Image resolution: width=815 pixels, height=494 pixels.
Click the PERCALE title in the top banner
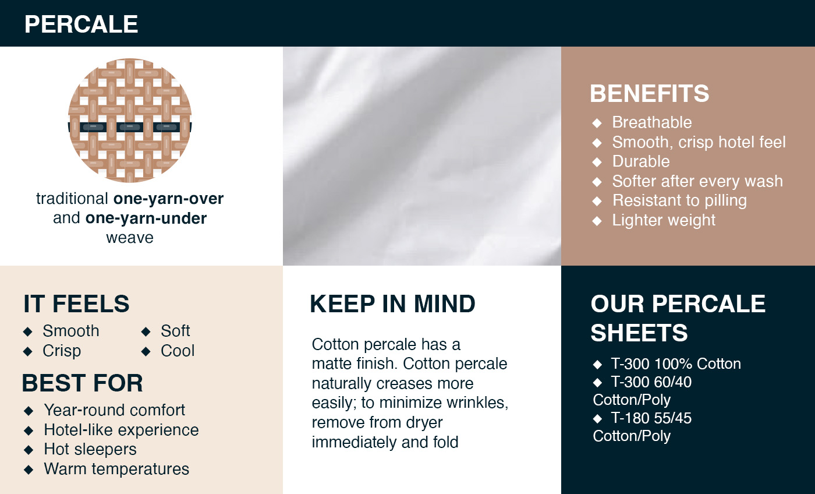coord(81,24)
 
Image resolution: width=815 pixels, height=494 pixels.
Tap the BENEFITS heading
coord(650,94)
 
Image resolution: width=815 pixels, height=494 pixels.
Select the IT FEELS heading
coord(76,304)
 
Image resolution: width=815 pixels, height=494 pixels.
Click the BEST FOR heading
coord(83,383)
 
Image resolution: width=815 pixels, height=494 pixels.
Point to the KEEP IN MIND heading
coord(392,304)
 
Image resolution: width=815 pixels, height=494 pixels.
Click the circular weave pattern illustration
coord(130,121)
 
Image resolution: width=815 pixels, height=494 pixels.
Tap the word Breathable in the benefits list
coord(652,122)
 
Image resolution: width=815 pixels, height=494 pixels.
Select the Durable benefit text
coord(641,161)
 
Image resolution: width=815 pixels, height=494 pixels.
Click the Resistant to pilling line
coord(680,200)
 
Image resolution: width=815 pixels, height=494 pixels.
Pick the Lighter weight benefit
coord(664,220)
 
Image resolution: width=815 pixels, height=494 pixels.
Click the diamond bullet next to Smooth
coord(28,331)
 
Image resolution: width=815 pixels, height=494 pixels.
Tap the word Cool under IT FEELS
coord(178,351)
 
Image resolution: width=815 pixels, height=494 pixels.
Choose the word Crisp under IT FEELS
coord(62,351)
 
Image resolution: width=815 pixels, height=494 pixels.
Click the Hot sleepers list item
coord(90,449)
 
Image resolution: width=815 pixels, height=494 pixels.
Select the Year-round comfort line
coord(115,410)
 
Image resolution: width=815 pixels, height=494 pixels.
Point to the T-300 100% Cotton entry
coord(676,364)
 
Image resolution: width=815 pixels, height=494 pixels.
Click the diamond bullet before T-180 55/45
coord(597,419)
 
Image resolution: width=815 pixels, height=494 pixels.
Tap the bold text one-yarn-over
coord(168,199)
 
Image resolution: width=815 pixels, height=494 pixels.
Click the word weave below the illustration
coord(130,238)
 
